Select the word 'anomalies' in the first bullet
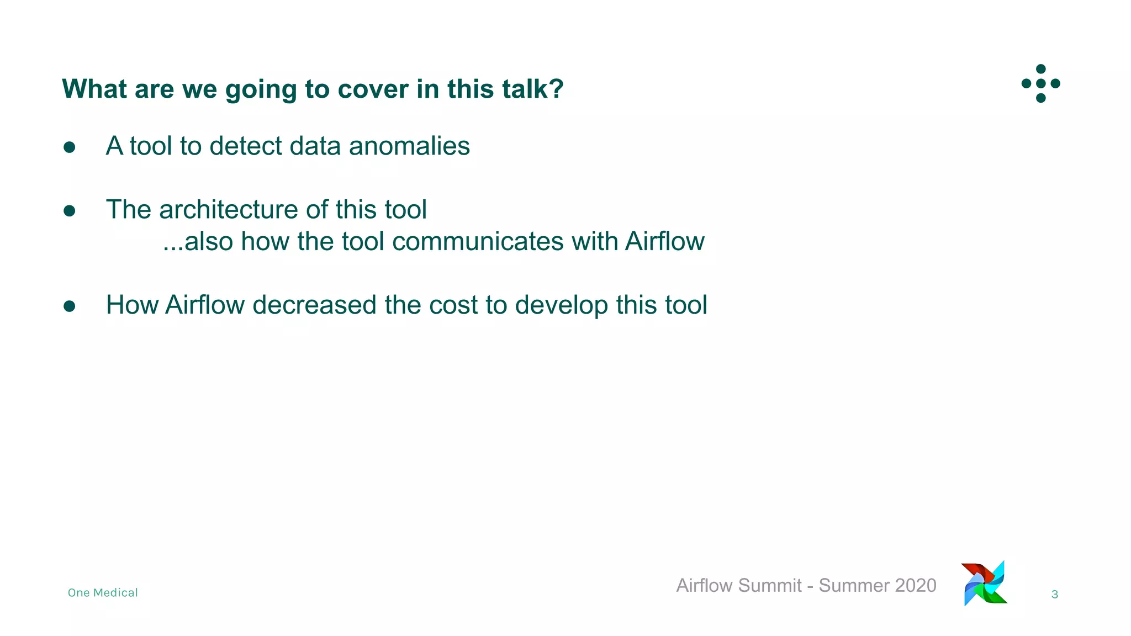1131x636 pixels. pos(409,146)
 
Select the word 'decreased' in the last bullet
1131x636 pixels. pos(314,305)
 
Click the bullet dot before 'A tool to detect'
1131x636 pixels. pos(70,147)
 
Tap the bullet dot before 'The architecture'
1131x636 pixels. pos(70,211)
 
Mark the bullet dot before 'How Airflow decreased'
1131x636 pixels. pos(70,306)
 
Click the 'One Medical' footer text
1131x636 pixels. pos(103,593)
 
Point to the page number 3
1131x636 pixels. pos(1054,595)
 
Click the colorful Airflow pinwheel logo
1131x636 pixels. pos(985,584)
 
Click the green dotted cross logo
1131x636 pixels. pos(1040,83)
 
